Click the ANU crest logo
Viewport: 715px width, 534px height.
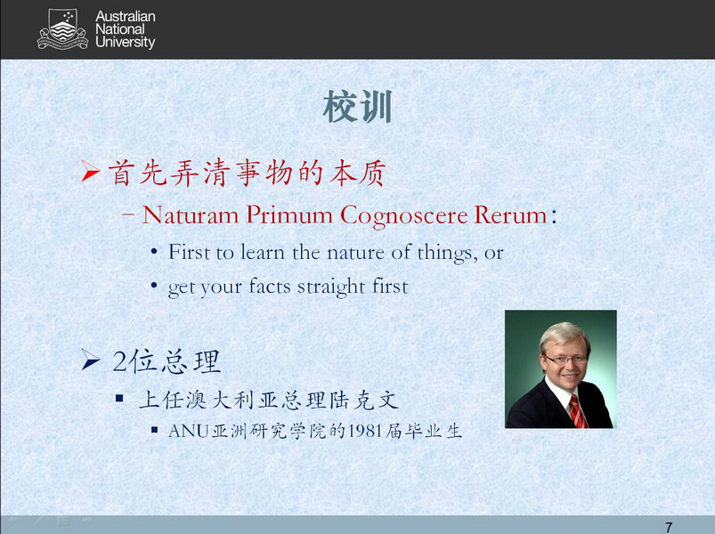pyautogui.click(x=62, y=28)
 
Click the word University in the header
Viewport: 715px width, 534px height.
pyautogui.click(x=126, y=43)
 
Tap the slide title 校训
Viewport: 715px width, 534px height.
pyautogui.click(x=358, y=107)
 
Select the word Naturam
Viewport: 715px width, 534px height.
pyautogui.click(x=191, y=214)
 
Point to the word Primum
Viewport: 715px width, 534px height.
pyautogui.click(x=289, y=214)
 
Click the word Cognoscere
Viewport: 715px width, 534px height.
pyautogui.click(x=404, y=215)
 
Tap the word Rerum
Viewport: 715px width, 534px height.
pyautogui.click(x=510, y=215)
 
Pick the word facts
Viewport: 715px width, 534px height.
pyautogui.click(x=270, y=287)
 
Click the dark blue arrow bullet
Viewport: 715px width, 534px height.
pyautogui.click(x=91, y=360)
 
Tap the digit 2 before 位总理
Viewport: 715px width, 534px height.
pyautogui.click(x=119, y=361)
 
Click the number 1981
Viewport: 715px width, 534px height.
pyautogui.click(x=364, y=431)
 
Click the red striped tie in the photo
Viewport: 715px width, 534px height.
pyautogui.click(x=578, y=411)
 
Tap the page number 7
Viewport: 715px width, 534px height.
pyautogui.click(x=669, y=527)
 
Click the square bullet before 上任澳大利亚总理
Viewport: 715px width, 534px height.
pyautogui.click(x=119, y=399)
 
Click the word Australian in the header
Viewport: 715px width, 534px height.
pyautogui.click(x=126, y=17)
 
